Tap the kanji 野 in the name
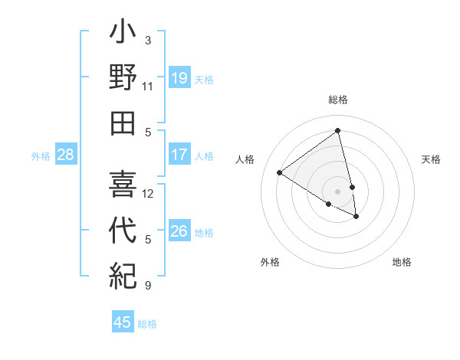click(123, 79)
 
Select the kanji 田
click(123, 122)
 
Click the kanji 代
click(123, 231)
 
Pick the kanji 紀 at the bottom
click(123, 273)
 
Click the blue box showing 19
click(179, 78)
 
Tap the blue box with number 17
click(179, 155)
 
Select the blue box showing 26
click(179, 231)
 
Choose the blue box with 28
click(66, 155)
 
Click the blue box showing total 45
click(123, 322)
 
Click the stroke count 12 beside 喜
click(148, 193)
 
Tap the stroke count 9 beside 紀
click(148, 286)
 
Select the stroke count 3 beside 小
click(148, 40)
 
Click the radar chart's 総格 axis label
click(338, 100)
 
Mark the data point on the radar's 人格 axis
click(280, 172)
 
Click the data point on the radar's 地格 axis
click(356, 217)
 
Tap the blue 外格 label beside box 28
click(41, 156)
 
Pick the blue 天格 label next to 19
click(204, 80)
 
